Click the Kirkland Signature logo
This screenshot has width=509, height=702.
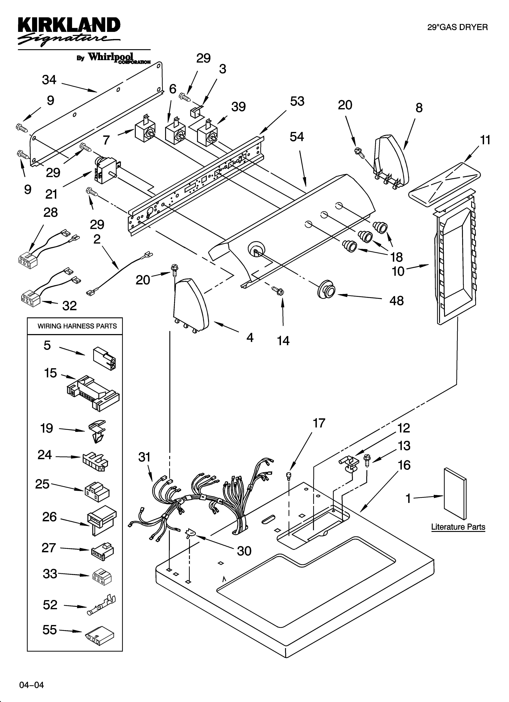coord(69,31)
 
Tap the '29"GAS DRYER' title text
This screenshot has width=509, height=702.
coord(457,27)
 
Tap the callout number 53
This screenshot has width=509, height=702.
coord(297,101)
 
